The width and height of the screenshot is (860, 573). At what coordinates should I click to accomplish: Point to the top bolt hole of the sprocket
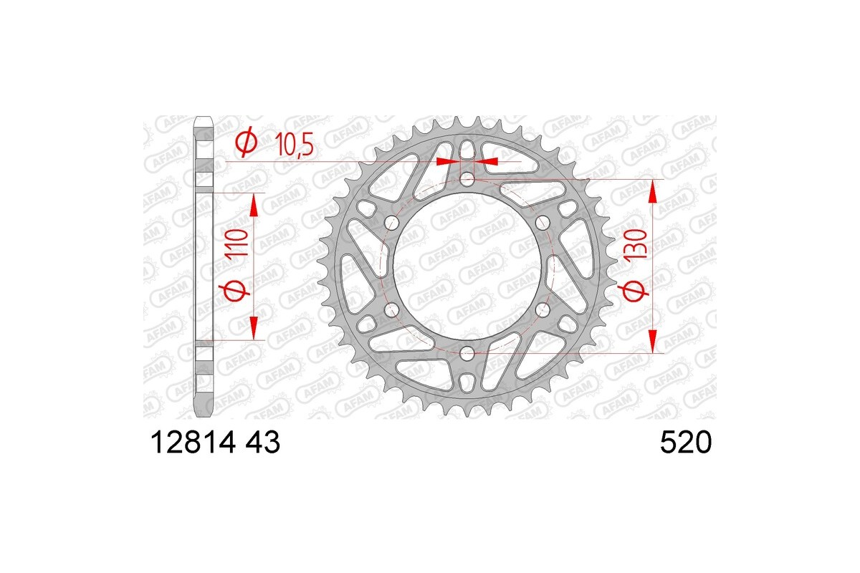coord(467,178)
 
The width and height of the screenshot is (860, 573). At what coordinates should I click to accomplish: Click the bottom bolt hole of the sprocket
coord(467,352)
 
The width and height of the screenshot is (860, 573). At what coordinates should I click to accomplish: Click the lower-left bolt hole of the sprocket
coord(391,309)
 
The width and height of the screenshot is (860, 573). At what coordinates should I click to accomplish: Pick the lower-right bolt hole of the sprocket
coord(543,309)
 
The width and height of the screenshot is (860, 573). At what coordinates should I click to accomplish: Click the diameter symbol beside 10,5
coord(245,143)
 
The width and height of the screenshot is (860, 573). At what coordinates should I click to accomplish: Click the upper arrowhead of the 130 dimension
coord(652,190)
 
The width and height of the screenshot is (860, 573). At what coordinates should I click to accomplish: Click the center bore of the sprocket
coord(467,265)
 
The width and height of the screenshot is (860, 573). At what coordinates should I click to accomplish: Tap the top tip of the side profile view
coord(204,118)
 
